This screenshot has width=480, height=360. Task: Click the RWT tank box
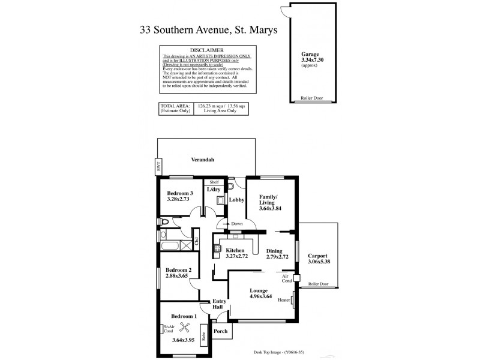pyautogui.click(x=159, y=167)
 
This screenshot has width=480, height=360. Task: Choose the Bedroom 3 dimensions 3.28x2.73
pyautogui.click(x=180, y=200)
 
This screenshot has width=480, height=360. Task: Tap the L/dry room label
pyautogui.click(x=213, y=190)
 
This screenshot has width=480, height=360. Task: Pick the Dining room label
pyautogui.click(x=274, y=250)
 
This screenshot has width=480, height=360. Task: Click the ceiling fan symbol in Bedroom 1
pyautogui.click(x=184, y=328)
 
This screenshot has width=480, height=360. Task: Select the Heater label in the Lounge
pyautogui.click(x=284, y=301)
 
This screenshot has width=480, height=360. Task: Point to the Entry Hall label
pyautogui.click(x=218, y=305)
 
